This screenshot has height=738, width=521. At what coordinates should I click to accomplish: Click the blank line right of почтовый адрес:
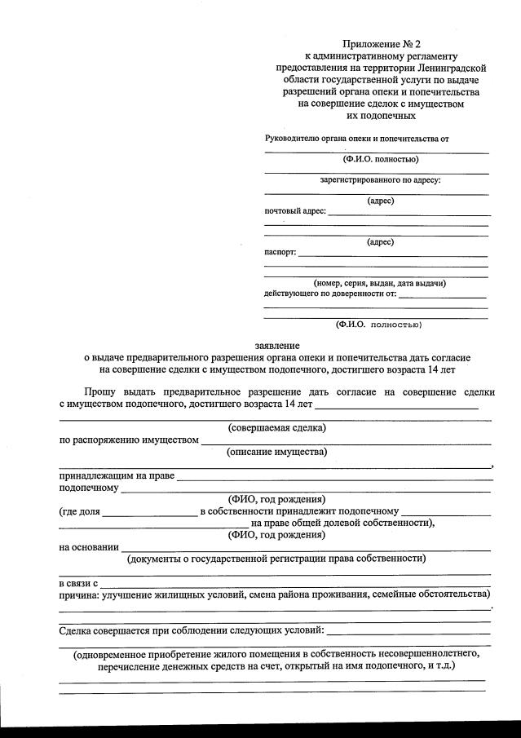(408, 213)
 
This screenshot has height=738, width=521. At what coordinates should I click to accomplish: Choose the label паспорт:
(280, 252)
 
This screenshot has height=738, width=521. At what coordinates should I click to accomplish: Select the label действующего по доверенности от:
(330, 293)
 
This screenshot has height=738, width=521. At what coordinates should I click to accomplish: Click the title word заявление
(277, 345)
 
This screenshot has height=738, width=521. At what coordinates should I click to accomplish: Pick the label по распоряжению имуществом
(129, 440)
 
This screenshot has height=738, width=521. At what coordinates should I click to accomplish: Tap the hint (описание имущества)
(276, 452)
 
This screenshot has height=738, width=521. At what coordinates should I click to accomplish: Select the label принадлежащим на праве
(117, 475)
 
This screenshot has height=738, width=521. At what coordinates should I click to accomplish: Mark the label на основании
(89, 547)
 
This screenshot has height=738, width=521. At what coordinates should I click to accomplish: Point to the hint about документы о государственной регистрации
(276, 559)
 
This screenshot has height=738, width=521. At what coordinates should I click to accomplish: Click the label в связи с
(78, 584)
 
